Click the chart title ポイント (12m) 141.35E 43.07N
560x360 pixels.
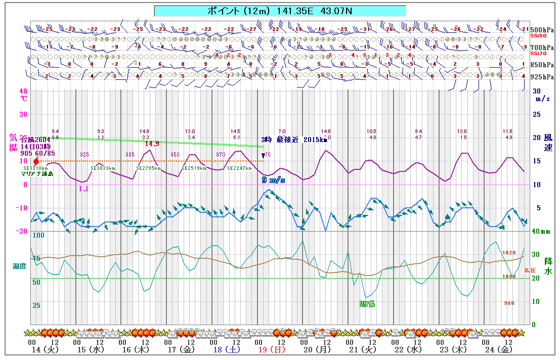pos(279,11)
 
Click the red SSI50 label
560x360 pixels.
pos(538,36)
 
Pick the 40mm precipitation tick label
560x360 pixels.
pos(541,232)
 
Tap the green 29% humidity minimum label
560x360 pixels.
pos(367,304)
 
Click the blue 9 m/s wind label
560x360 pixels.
pos(273,180)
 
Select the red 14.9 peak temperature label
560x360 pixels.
pos(152,144)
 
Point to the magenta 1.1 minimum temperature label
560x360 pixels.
pos(83,189)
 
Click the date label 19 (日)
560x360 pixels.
pos(270,349)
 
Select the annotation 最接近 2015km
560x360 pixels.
pos(302,140)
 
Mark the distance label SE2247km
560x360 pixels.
pos(239,168)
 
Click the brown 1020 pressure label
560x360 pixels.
pos(508,252)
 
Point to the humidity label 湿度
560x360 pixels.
pos(19,265)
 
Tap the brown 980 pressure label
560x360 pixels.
pos(508,303)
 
